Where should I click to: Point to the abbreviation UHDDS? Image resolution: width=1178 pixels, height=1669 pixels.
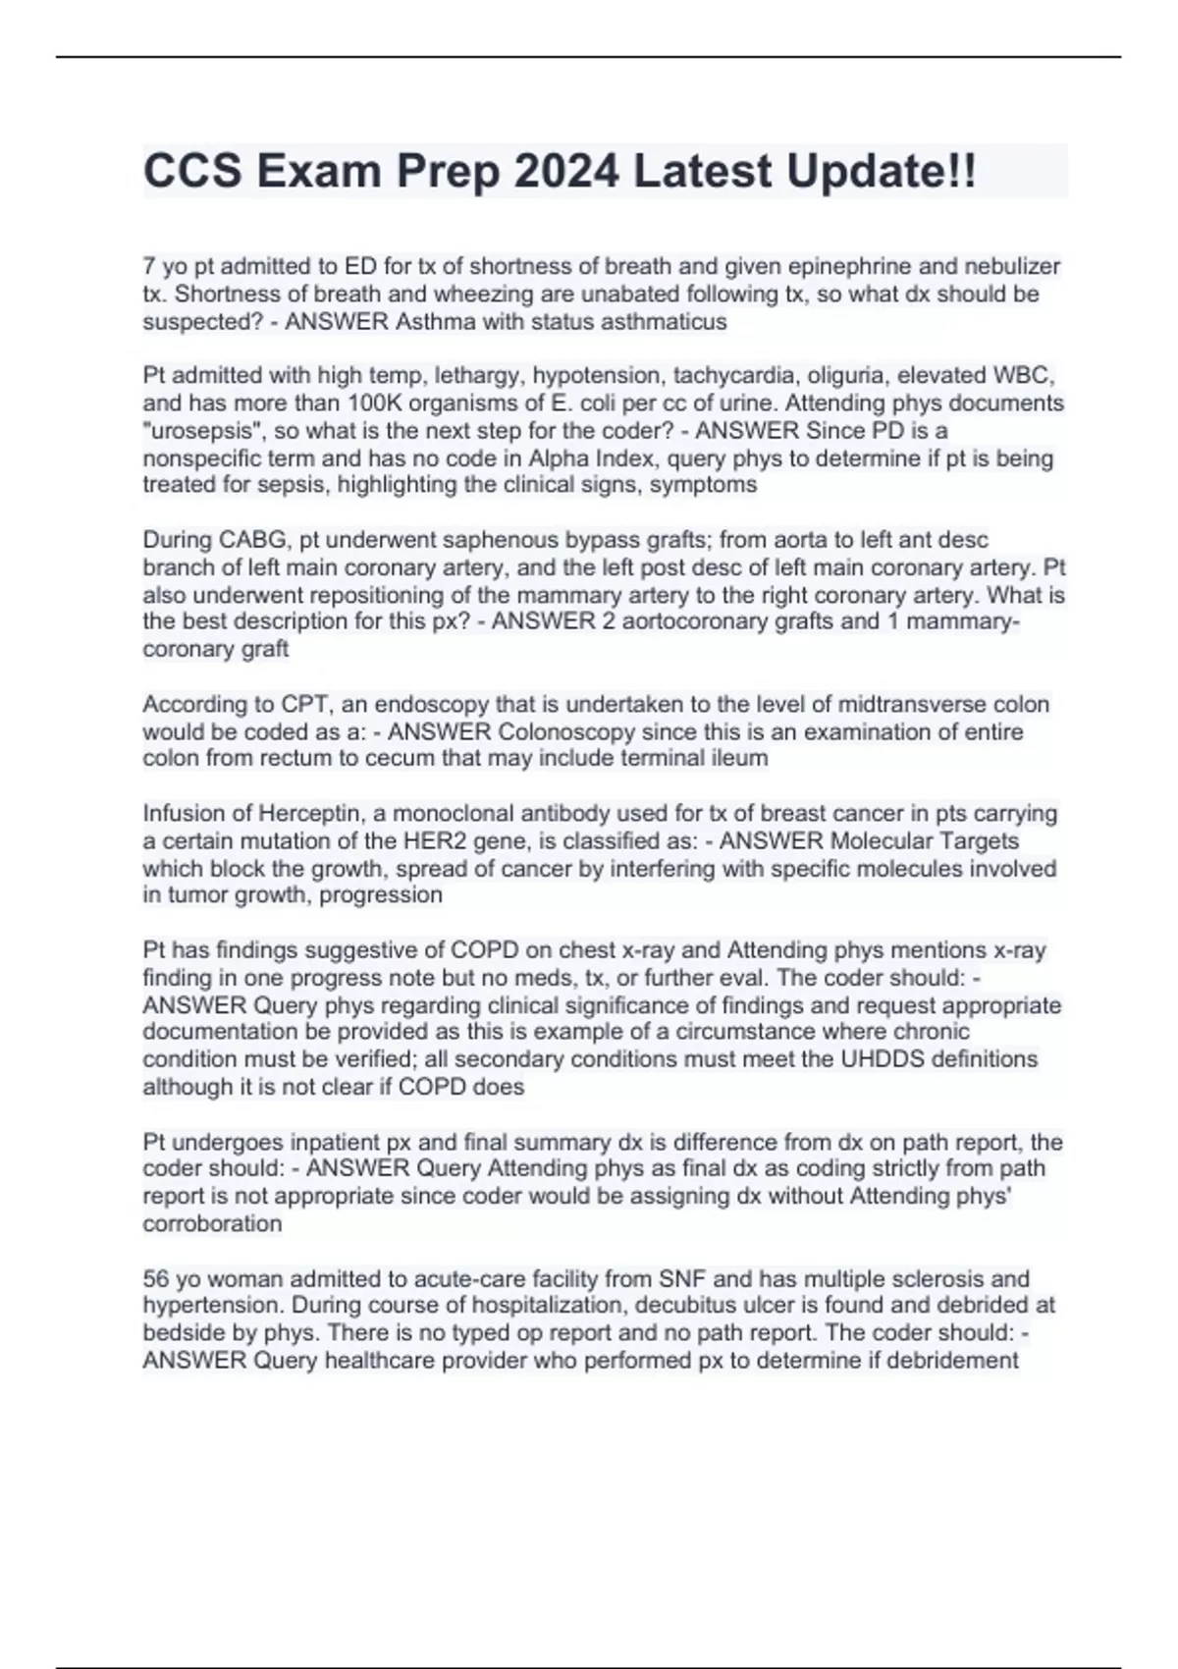[x=885, y=1058]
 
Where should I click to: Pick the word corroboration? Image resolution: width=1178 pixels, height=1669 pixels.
[x=212, y=1223]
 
